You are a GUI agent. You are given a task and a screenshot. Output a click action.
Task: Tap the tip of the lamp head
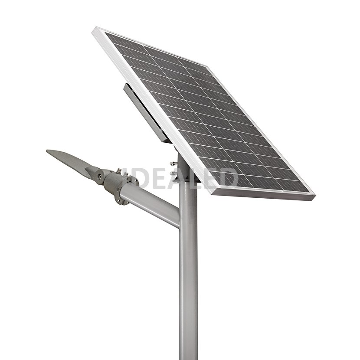pyautogui.click(x=46, y=151)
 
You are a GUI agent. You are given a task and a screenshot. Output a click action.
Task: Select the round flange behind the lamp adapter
pyautogui.click(x=125, y=190)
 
